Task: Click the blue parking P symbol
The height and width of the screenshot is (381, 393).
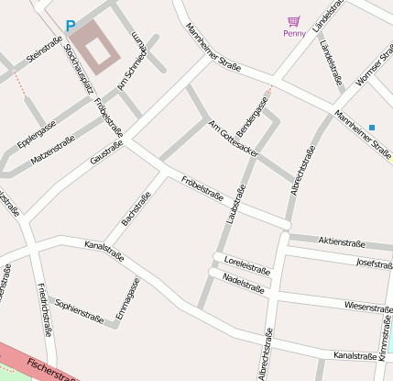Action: (x=71, y=27)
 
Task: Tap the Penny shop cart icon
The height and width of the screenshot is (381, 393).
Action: (x=293, y=20)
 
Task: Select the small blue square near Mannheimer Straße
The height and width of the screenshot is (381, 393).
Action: (x=372, y=127)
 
